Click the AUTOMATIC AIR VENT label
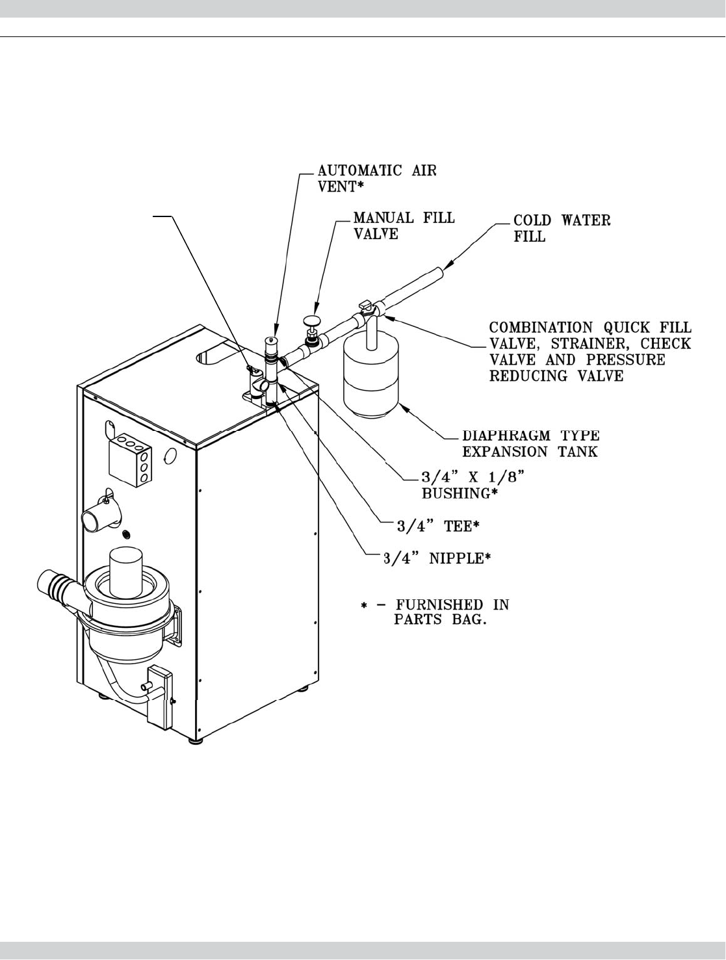pos(377,178)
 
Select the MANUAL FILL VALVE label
pos(404,225)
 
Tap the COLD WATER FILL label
pos(562,228)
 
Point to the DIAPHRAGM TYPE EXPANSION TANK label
pos(530,443)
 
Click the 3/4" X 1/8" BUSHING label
pos(473,485)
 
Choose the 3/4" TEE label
pos(438,526)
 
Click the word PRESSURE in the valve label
pos(625,360)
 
